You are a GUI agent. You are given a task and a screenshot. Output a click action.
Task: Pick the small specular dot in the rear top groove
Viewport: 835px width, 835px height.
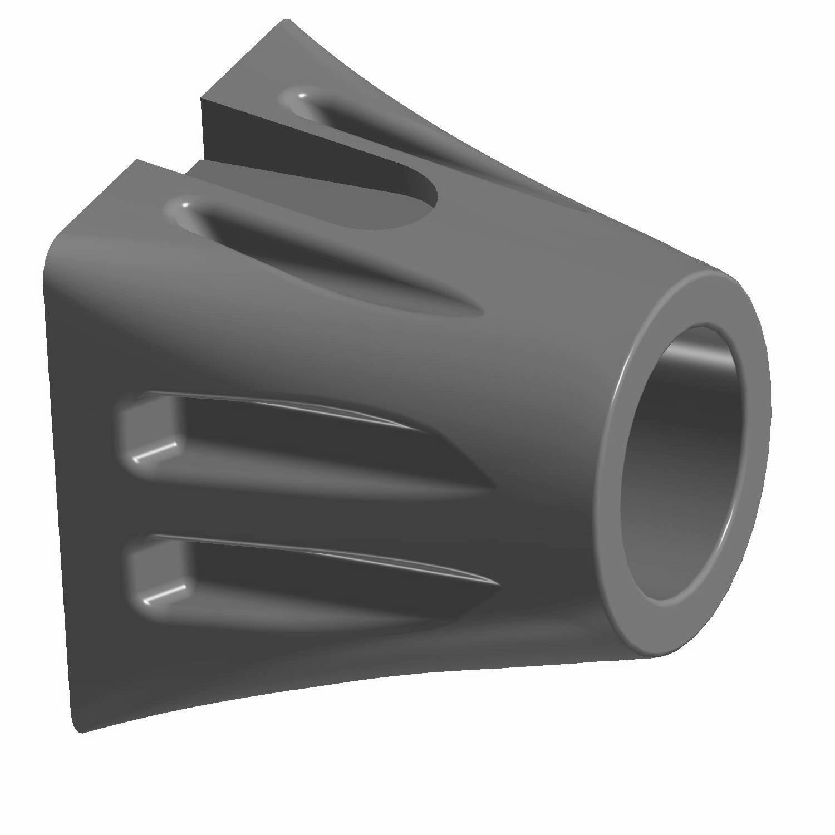[301, 96]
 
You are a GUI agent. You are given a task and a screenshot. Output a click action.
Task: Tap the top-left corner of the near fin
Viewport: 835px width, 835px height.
[135, 161]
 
